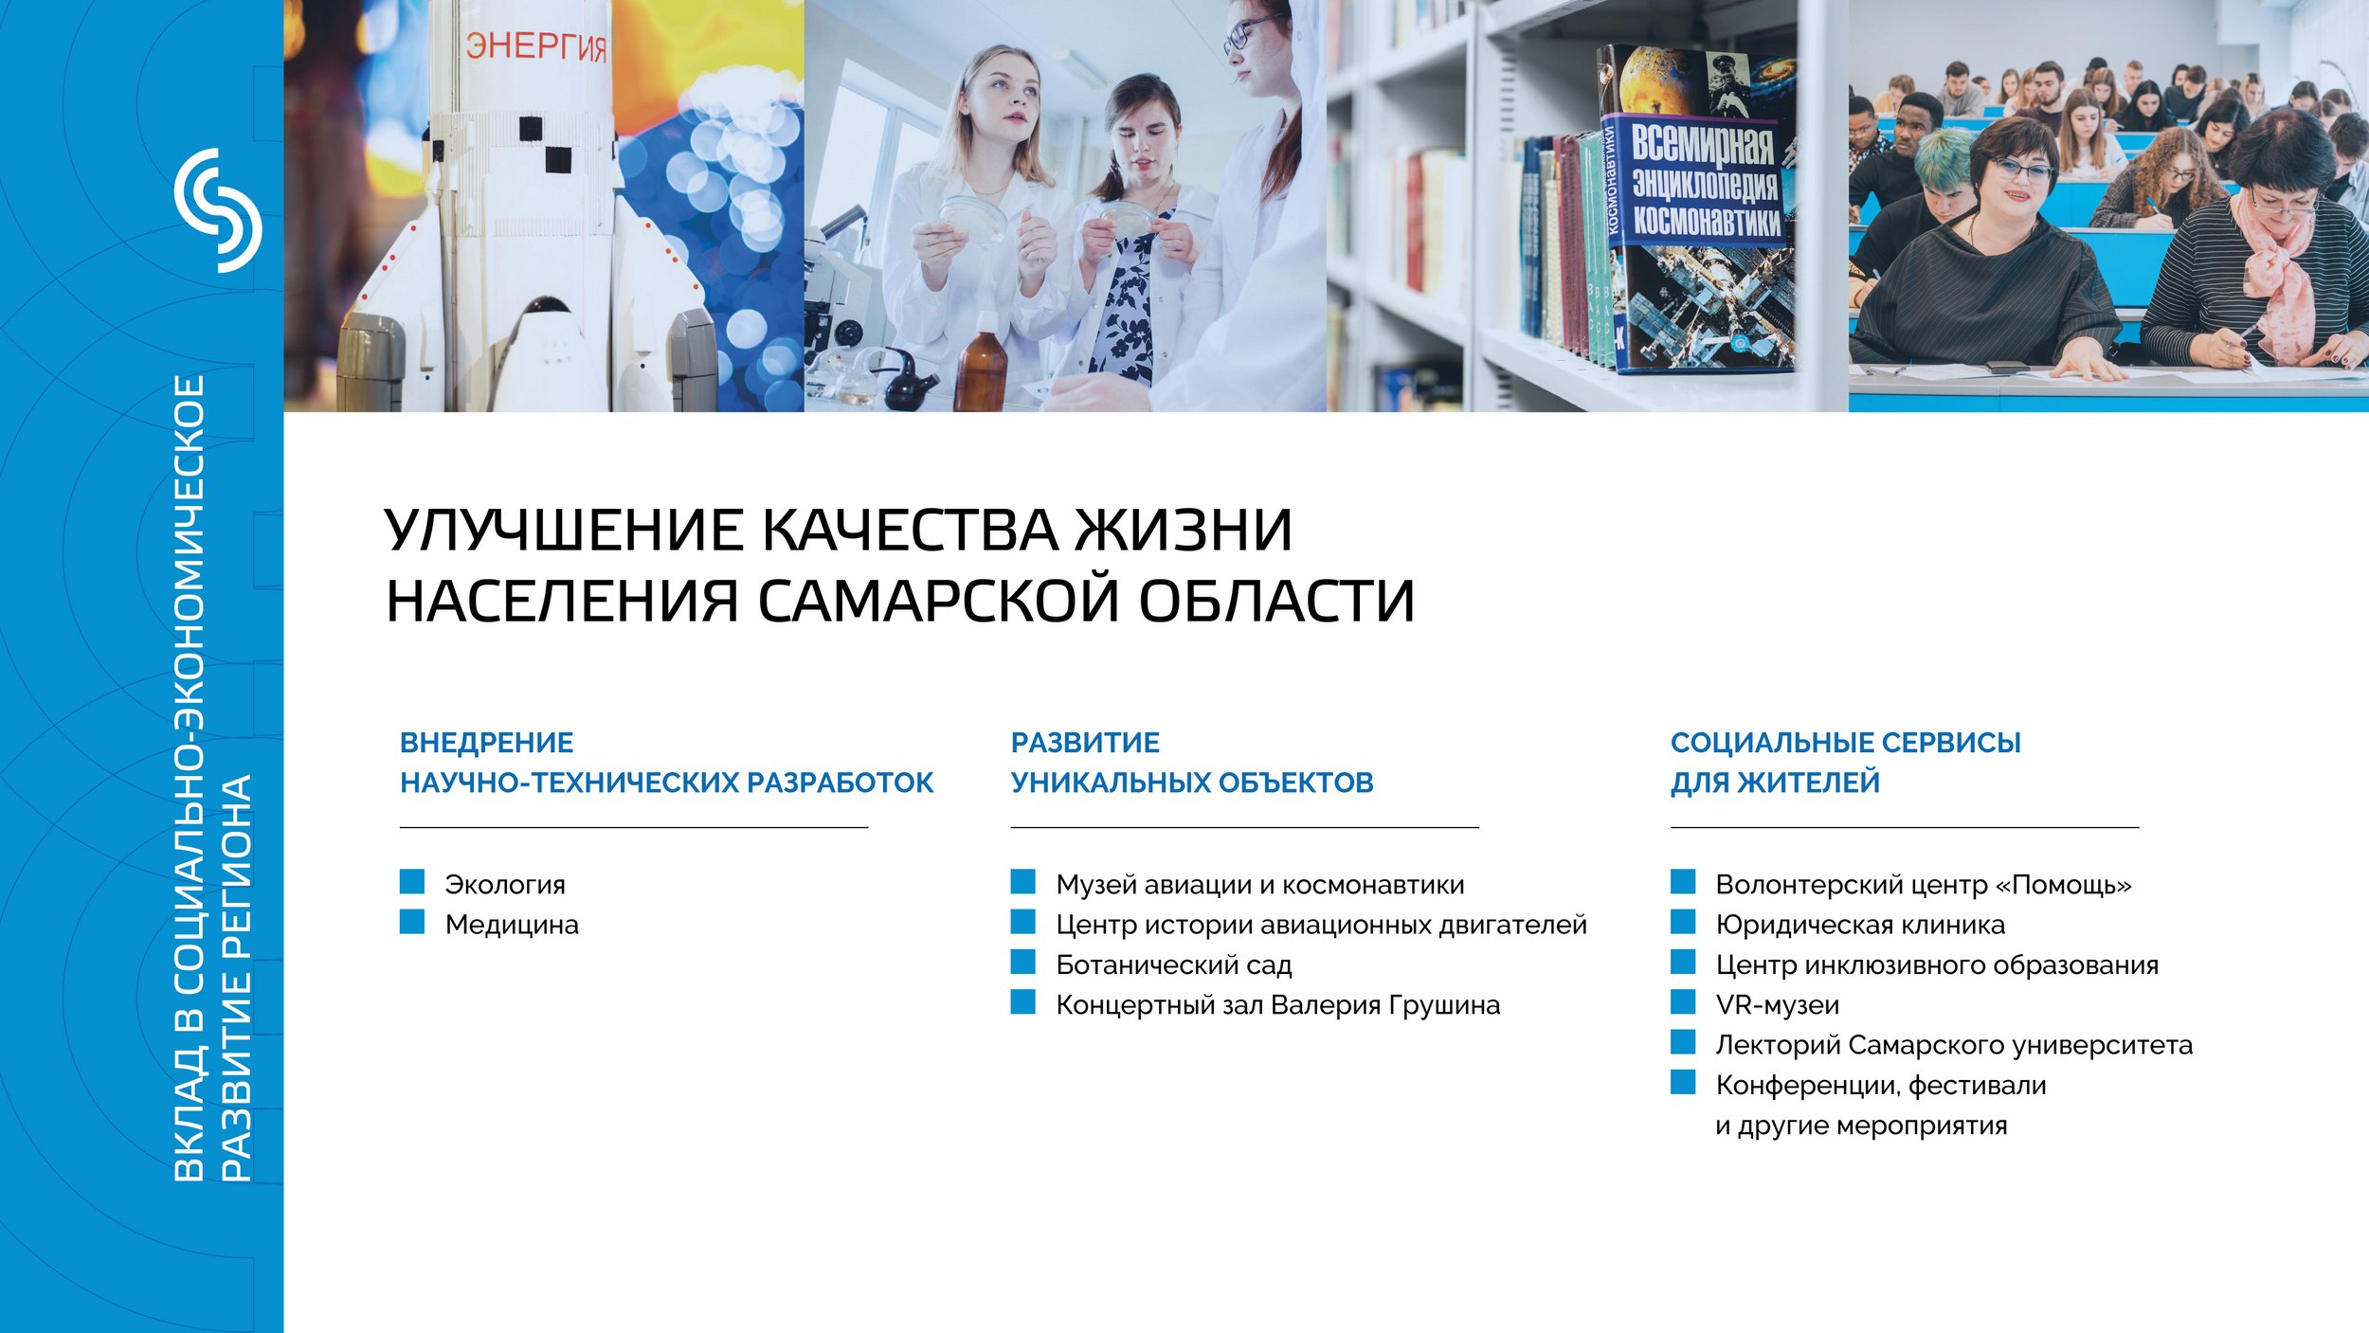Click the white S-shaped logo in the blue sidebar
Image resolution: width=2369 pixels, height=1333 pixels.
(218, 210)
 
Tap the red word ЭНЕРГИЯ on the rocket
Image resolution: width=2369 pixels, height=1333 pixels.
(536, 45)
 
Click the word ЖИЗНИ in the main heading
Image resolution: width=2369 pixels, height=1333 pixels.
(1184, 530)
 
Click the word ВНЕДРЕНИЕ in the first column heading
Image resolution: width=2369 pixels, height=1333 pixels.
(487, 743)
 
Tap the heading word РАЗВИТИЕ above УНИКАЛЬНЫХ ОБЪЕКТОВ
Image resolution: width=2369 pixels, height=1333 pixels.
(1085, 743)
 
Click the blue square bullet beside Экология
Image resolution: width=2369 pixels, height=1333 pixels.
(412, 882)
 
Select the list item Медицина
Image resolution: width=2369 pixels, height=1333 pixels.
(512, 925)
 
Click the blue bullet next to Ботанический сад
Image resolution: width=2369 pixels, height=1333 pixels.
(1023, 963)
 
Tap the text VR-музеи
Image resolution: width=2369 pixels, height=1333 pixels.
(1778, 1005)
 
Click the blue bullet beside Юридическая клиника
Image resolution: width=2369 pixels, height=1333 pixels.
(1683, 922)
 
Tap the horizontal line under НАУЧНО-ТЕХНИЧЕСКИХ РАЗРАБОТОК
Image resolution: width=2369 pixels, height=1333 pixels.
(634, 827)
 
